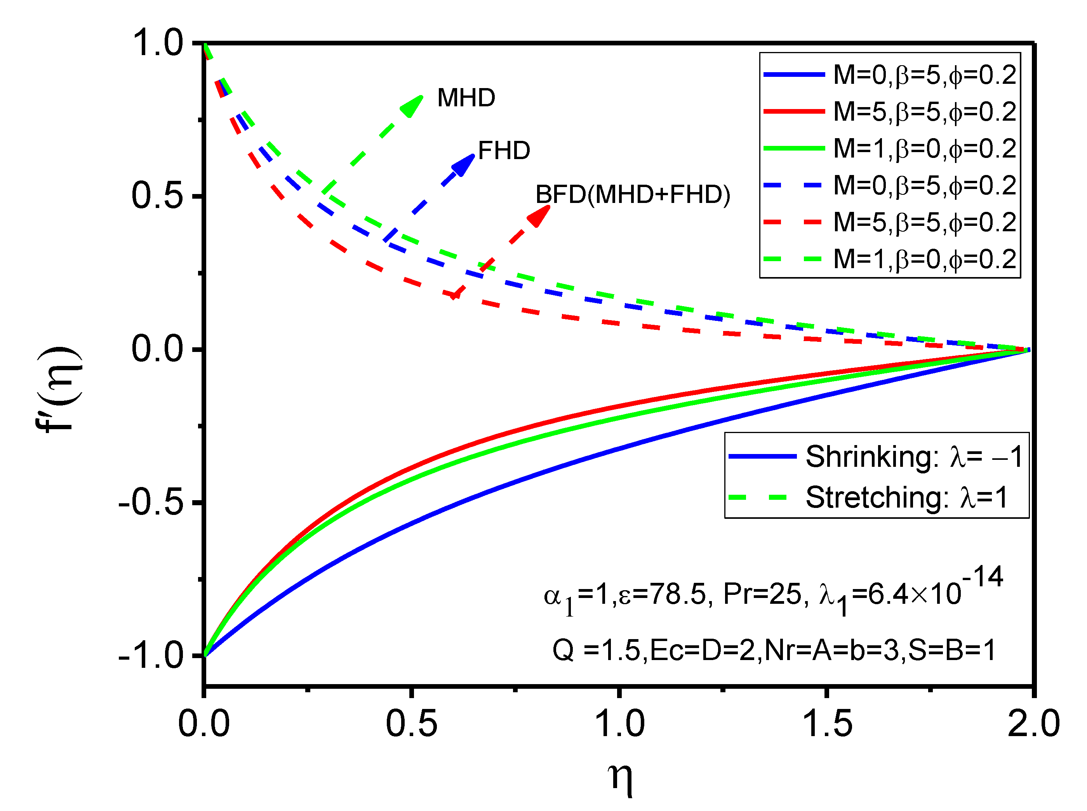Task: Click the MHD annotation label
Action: (x=466, y=98)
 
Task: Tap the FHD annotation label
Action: (x=503, y=150)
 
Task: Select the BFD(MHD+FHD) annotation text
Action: (x=632, y=194)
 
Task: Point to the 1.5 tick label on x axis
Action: (x=827, y=724)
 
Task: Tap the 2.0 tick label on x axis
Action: (x=1033, y=724)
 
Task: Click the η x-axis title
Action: (x=620, y=778)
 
